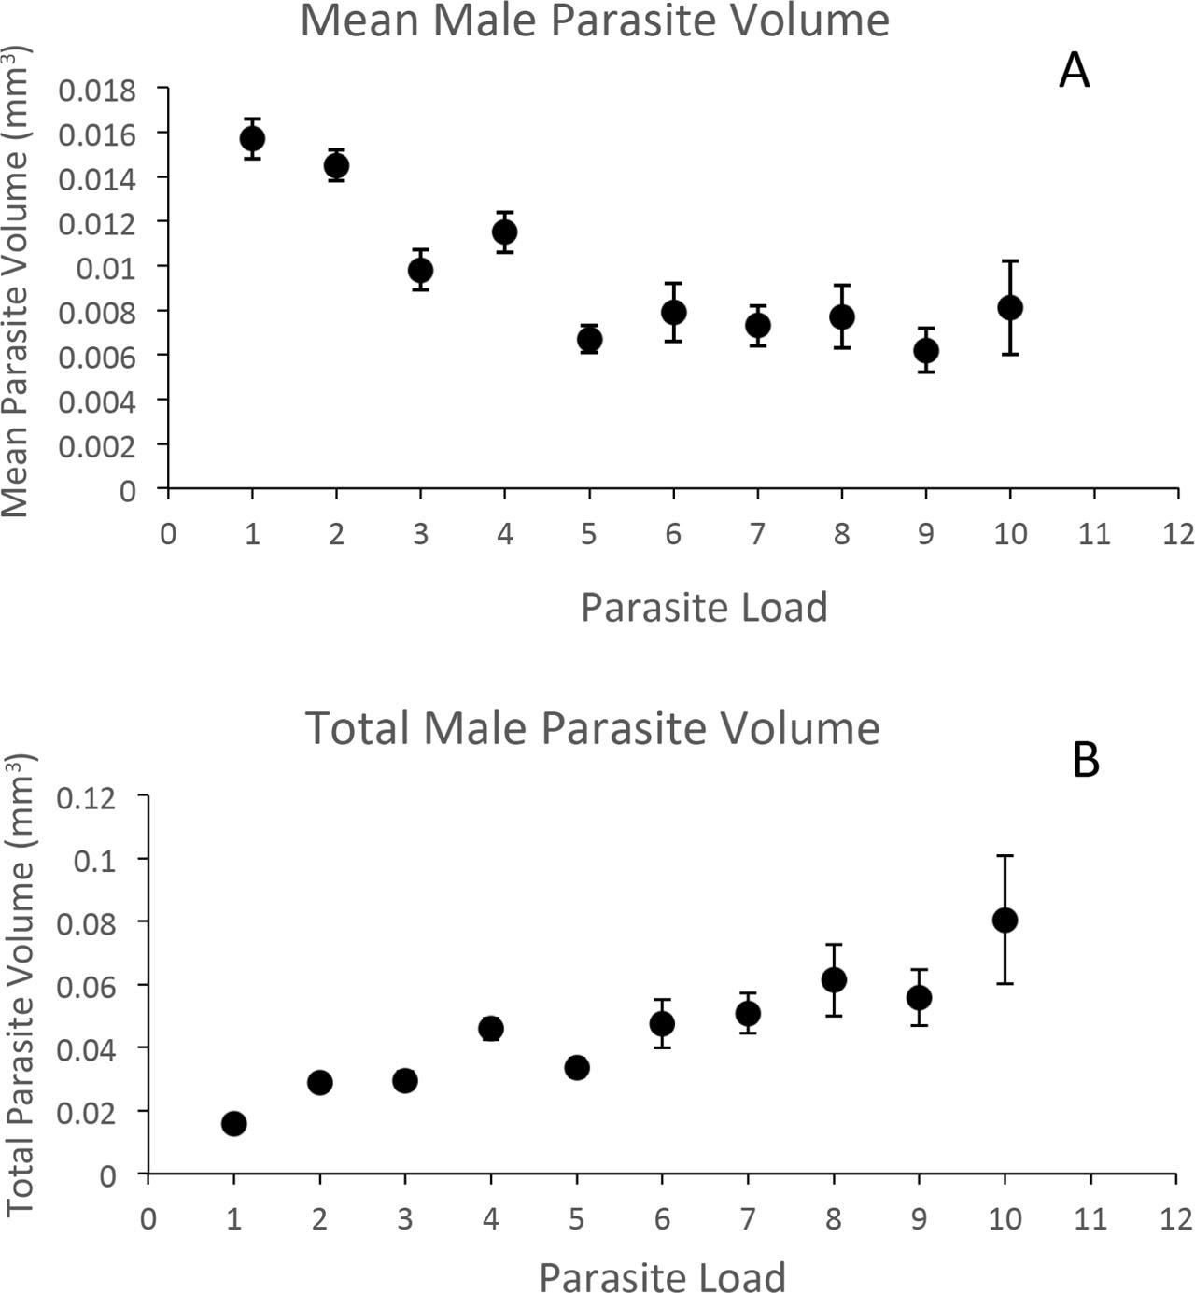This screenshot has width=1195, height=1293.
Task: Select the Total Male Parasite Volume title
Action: coord(593,727)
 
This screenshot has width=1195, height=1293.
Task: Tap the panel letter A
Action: coord(1074,70)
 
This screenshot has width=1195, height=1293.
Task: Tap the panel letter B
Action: coord(1086,760)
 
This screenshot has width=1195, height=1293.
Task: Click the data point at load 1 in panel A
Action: coord(252,139)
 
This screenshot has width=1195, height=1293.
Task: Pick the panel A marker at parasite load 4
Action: coord(505,232)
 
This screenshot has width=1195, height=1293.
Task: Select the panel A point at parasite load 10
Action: coord(1010,307)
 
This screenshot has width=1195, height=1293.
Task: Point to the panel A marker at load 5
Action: coord(589,339)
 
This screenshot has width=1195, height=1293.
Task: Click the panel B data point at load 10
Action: coord(1005,920)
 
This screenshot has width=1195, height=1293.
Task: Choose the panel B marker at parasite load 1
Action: coord(233,1123)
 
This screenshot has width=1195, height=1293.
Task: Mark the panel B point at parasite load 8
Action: coord(834,979)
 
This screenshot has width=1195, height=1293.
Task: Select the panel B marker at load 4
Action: coord(491,1029)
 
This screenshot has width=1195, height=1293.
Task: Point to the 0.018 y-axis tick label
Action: coord(97,90)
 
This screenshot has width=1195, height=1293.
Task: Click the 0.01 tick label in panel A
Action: coord(106,268)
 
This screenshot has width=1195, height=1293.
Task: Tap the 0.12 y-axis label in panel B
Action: coord(86,797)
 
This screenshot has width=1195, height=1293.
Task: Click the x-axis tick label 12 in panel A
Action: coord(1177,534)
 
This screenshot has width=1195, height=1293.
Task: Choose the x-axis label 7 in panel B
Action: coord(748,1218)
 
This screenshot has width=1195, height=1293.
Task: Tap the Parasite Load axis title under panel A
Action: coord(704,608)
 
